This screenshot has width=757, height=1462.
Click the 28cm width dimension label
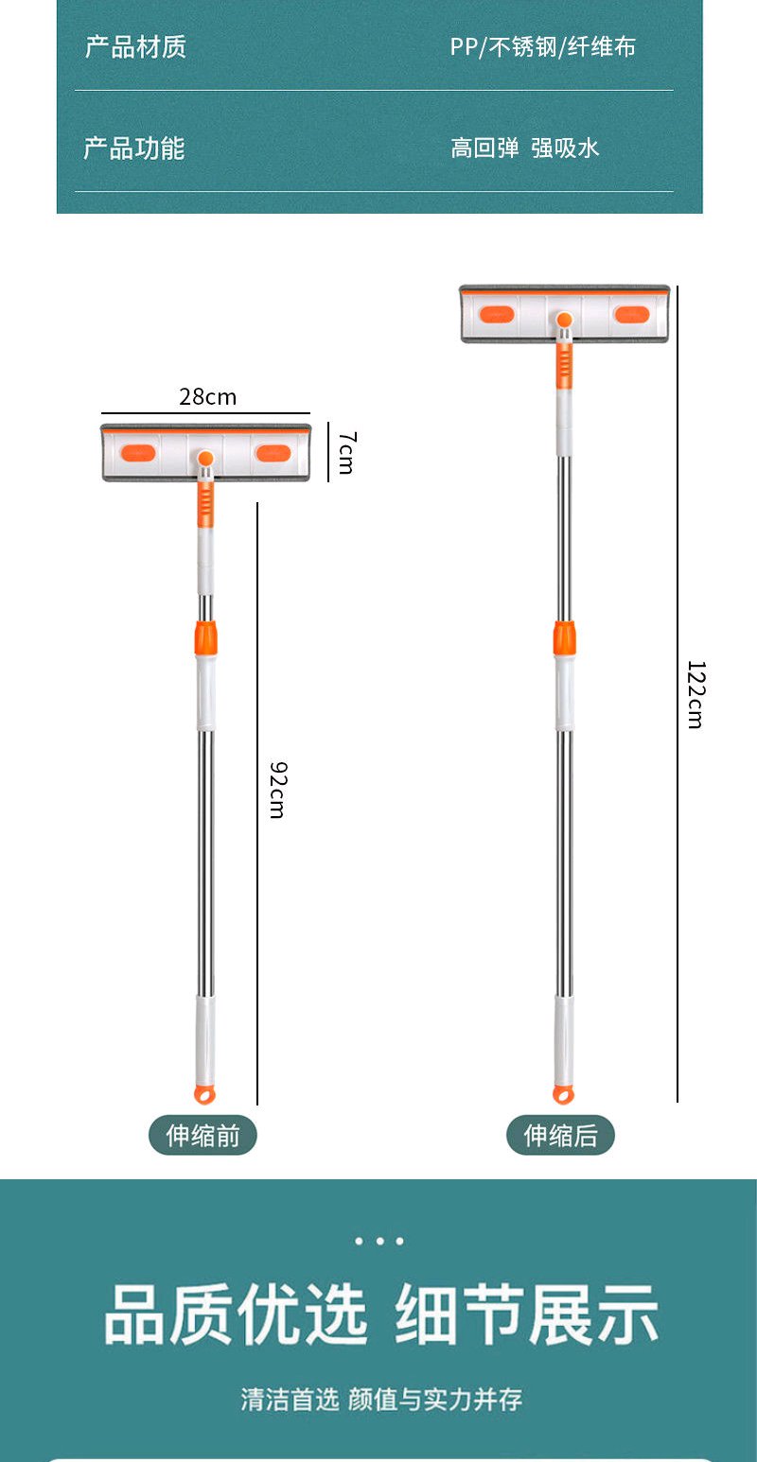[207, 397]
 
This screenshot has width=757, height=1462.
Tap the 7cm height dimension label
[347, 452]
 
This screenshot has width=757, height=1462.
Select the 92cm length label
[278, 790]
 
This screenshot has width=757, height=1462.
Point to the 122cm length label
[696, 694]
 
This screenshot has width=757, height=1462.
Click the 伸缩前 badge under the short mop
[202, 1135]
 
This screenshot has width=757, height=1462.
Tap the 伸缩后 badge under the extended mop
[560, 1135]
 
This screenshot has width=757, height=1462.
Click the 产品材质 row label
[135, 47]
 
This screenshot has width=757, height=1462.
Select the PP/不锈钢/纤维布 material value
[543, 47]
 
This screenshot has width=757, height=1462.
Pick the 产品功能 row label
[134, 148]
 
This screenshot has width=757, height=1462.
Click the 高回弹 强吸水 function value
[524, 148]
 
